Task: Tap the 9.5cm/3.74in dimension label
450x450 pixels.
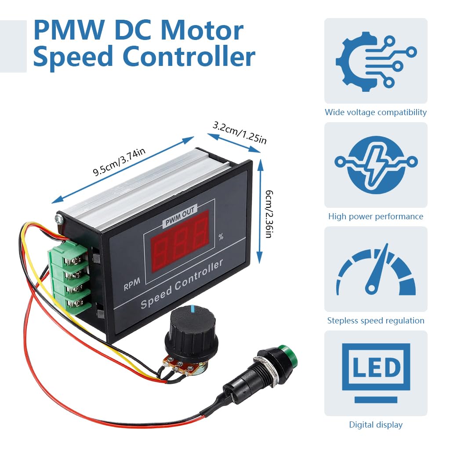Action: pyautogui.click(x=119, y=162)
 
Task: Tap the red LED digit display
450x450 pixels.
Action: pyautogui.click(x=180, y=241)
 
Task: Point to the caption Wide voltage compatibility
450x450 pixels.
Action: pyautogui.click(x=375, y=112)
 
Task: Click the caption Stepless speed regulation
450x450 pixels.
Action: pyautogui.click(x=375, y=321)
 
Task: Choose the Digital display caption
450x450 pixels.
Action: pyautogui.click(x=375, y=425)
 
